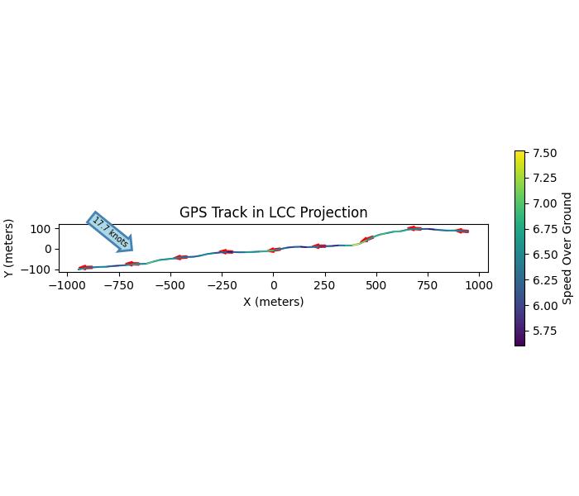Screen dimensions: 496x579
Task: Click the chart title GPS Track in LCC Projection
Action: coord(273,213)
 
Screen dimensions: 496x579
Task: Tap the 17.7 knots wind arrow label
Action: coord(110,231)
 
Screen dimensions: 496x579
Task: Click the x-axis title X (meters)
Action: coord(273,302)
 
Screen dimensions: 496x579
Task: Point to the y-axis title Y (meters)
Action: coord(9,248)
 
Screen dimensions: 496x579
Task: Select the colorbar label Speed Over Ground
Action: coord(567,248)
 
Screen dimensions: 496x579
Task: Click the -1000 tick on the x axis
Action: coord(68,285)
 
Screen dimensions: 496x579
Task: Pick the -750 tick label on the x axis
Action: coord(119,285)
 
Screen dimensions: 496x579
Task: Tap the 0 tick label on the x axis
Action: coord(273,285)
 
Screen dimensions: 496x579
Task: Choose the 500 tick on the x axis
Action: coord(376,285)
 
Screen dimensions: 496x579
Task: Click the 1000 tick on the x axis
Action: coord(479,285)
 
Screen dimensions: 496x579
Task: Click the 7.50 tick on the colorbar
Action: coord(543,153)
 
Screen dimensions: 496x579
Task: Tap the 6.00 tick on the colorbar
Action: coord(543,306)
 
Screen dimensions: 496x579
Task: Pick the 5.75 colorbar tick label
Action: coord(543,331)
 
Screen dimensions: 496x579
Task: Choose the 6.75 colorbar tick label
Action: coord(543,229)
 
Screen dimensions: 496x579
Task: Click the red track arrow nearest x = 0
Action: coord(274,250)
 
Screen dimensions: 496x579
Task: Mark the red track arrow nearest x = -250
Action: coord(225,251)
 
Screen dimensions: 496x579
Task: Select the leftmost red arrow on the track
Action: coord(84,267)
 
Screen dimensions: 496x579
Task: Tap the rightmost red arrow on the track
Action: coord(462,231)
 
